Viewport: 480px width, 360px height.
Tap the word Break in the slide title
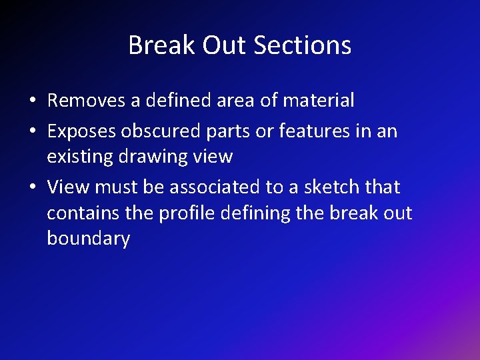(153, 45)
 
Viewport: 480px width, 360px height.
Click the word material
(319, 101)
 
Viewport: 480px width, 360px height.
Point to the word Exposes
(81, 131)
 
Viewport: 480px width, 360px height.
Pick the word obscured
(160, 131)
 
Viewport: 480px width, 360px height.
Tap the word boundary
(88, 239)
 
